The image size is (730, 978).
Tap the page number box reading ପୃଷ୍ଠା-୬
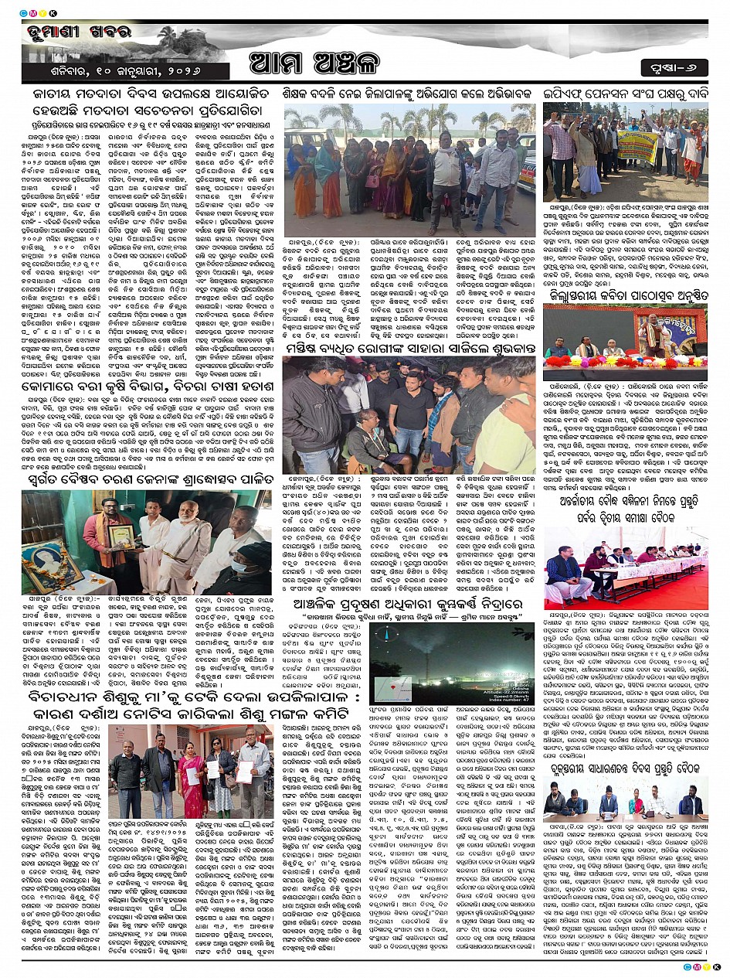(x=674, y=68)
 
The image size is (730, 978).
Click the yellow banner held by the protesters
(x=637, y=145)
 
